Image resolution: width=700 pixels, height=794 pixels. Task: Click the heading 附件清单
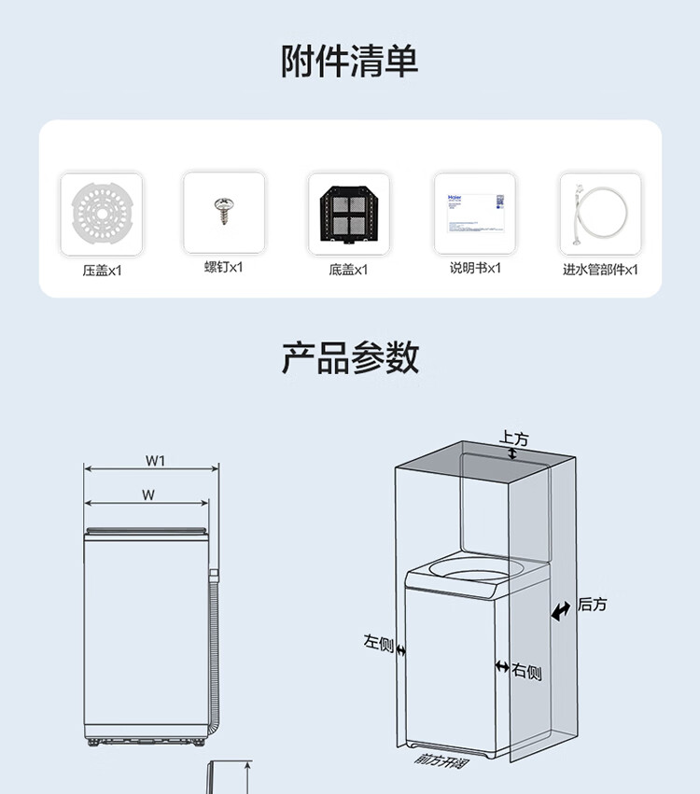350,61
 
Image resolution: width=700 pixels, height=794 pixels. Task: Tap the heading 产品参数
350,357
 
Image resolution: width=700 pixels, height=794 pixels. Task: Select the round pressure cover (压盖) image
101,215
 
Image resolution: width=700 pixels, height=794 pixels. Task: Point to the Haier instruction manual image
474,213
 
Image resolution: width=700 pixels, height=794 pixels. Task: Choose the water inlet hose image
600,214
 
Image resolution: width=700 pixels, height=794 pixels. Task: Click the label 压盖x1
102,271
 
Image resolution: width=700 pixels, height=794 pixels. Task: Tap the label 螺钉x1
224,267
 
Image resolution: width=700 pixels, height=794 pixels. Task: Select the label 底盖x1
348,270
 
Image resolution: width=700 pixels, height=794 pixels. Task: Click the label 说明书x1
475,268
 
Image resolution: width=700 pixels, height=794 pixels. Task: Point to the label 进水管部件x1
600,270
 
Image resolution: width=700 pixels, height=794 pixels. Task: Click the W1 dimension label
155,460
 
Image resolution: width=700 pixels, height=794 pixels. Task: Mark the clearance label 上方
513,438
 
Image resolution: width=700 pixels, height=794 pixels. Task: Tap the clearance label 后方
592,605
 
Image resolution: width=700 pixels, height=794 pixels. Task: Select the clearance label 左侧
378,642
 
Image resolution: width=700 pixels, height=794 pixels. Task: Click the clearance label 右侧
526,672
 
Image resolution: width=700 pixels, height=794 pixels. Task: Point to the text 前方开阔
443,759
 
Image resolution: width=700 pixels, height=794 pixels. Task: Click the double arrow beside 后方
561,612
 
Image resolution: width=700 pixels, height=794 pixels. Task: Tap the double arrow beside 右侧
502,667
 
